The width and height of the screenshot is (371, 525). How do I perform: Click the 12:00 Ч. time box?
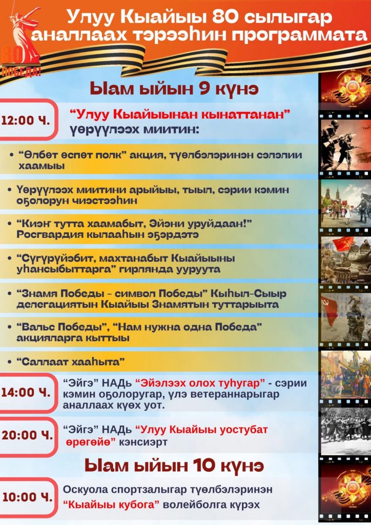click(x=28, y=120)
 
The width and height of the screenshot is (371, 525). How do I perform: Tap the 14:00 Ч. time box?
click(x=28, y=392)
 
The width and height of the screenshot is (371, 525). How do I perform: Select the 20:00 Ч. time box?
click(x=28, y=435)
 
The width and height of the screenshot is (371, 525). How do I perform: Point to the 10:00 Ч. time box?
click(x=28, y=497)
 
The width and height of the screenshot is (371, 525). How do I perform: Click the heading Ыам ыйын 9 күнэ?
click(x=174, y=89)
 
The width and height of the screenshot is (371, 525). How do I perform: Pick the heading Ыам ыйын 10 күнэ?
click(x=174, y=466)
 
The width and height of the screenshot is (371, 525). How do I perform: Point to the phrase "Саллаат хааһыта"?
click(x=71, y=361)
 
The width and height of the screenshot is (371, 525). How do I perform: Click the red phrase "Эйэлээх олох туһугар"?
click(x=200, y=382)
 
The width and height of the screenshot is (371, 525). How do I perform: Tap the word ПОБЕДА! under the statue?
click(x=20, y=72)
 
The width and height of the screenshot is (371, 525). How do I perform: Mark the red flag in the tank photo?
click(x=343, y=244)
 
